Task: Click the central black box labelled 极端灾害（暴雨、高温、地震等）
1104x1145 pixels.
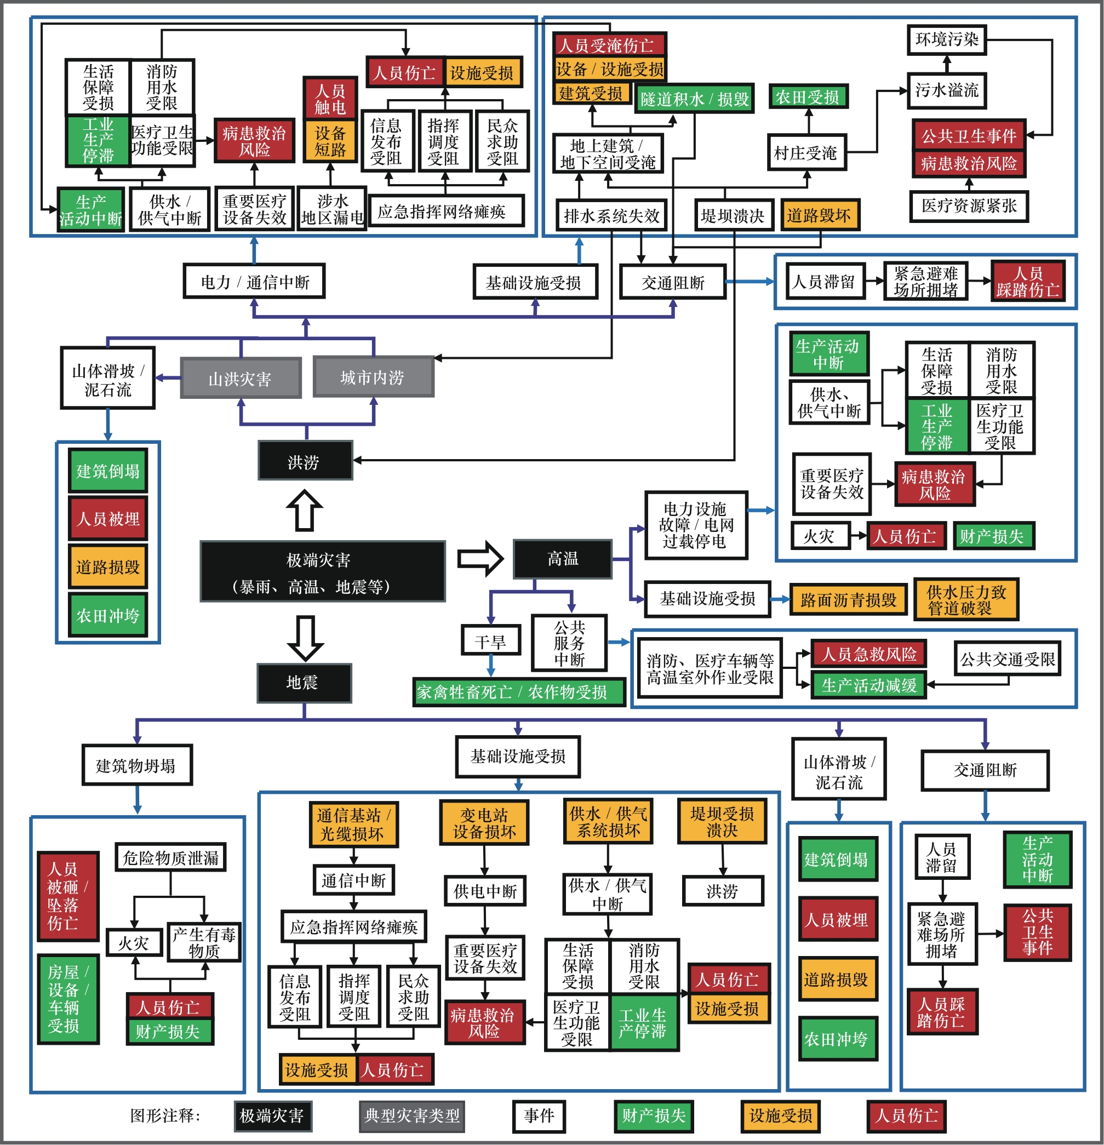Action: click(x=323, y=571)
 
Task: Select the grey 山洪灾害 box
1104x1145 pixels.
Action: click(x=241, y=379)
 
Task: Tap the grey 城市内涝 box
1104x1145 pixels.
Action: click(x=373, y=377)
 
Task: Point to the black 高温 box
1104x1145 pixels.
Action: click(x=563, y=558)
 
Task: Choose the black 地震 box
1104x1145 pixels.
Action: click(x=304, y=682)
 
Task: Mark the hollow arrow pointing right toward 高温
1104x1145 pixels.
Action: click(x=479, y=558)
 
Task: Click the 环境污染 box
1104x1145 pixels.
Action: click(x=946, y=40)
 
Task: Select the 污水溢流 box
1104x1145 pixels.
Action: click(x=946, y=90)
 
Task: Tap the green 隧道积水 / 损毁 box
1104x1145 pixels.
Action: click(x=694, y=99)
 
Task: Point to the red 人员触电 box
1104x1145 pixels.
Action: click(x=330, y=98)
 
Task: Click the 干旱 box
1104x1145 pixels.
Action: click(x=491, y=642)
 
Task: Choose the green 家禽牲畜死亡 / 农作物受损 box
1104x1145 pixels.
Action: click(x=518, y=692)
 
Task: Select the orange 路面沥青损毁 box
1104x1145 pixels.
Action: click(x=848, y=600)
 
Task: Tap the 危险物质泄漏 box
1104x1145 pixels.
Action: click(x=170, y=857)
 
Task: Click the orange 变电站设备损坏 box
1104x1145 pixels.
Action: click(x=484, y=822)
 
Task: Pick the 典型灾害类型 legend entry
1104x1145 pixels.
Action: click(x=412, y=1116)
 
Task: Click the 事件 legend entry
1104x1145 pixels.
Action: click(x=539, y=1116)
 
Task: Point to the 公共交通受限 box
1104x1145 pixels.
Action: click(x=1007, y=659)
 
